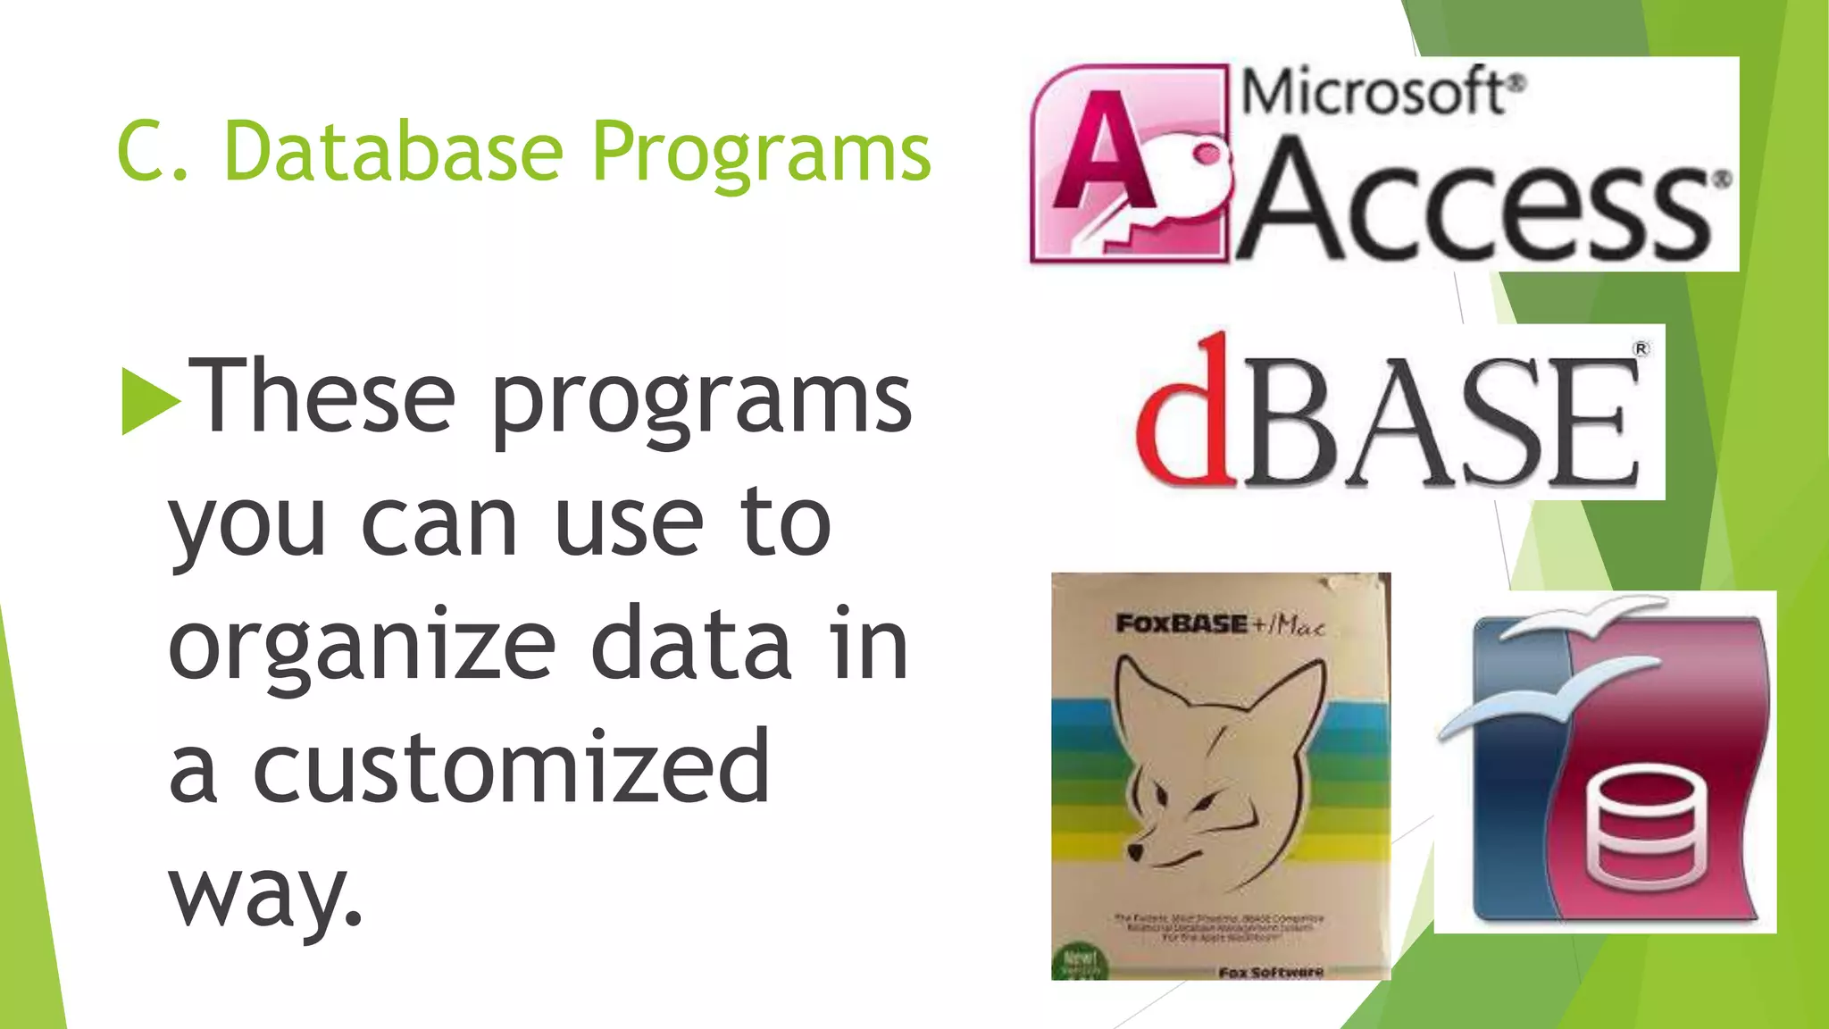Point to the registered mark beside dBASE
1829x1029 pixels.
[1641, 349]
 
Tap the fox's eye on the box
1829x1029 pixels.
[1161, 793]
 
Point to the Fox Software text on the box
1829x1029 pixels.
[1270, 971]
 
